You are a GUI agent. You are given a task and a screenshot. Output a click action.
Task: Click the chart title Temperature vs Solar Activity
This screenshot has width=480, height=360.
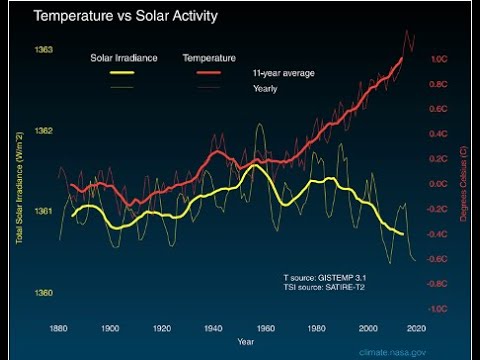tap(125, 17)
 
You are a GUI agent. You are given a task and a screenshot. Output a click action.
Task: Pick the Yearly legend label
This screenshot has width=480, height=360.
tap(264, 89)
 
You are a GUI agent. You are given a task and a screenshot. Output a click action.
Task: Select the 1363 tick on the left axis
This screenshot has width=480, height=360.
tap(45, 49)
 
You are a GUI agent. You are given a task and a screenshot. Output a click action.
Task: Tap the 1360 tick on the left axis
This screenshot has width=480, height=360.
tap(45, 293)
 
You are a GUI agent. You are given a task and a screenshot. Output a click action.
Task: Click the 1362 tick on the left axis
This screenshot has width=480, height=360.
tap(45, 131)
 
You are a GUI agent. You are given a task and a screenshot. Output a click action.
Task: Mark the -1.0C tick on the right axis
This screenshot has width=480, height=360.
tap(438, 309)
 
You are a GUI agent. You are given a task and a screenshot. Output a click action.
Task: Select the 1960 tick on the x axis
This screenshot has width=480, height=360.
tap(263, 327)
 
